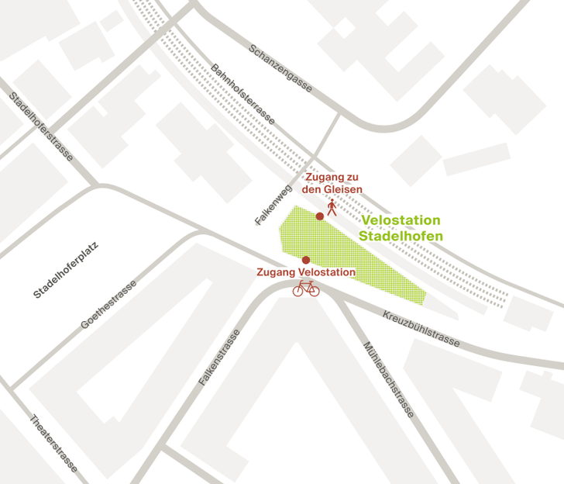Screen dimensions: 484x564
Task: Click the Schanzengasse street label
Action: pyautogui.click(x=280, y=68)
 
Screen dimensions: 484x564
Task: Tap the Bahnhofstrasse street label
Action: pyautogui.click(x=242, y=95)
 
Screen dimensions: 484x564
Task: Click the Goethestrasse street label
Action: pyautogui.click(x=108, y=305)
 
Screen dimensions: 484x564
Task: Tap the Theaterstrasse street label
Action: pyautogui.click(x=53, y=443)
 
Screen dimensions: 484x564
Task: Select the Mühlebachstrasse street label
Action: pyautogui.click(x=388, y=379)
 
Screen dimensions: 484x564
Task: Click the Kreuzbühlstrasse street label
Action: pyautogui.click(x=421, y=329)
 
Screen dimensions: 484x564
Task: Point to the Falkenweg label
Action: pyautogui.click(x=273, y=201)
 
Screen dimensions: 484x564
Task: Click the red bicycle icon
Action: pyautogui.click(x=306, y=289)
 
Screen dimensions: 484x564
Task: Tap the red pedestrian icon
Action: pyautogui.click(x=332, y=207)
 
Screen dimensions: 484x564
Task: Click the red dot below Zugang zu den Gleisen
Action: pyautogui.click(x=319, y=216)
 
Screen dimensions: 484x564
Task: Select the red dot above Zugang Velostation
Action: pyautogui.click(x=306, y=260)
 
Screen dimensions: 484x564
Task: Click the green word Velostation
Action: pyautogui.click(x=401, y=220)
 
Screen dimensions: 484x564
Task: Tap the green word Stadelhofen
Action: pyautogui.click(x=401, y=236)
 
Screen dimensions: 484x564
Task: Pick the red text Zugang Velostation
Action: pyautogui.click(x=306, y=272)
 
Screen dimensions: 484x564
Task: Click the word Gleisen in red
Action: pyautogui.click(x=342, y=190)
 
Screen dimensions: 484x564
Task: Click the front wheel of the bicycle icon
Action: pyautogui.click(x=313, y=291)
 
